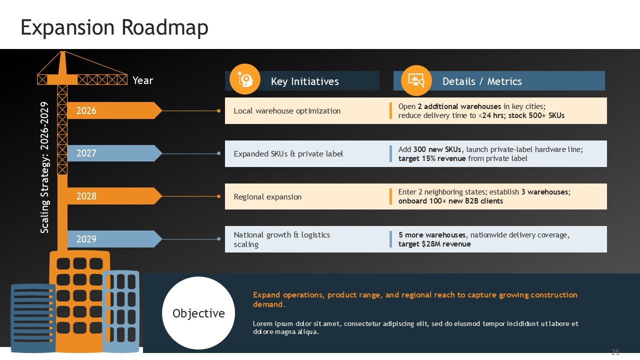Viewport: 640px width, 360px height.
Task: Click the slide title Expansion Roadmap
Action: click(114, 28)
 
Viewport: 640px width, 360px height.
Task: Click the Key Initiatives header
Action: click(304, 81)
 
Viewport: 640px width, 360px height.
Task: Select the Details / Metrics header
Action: click(482, 81)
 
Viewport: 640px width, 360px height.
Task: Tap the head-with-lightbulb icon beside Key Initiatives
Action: click(245, 79)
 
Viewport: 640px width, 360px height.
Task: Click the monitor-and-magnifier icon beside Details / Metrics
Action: click(416, 80)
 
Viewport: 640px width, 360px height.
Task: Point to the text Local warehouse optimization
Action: click(287, 110)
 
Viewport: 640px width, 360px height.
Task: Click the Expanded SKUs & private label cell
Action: click(288, 153)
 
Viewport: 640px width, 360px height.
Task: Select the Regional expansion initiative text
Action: click(267, 196)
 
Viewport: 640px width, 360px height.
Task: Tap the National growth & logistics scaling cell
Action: click(282, 239)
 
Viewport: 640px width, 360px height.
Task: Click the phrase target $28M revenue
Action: click(434, 244)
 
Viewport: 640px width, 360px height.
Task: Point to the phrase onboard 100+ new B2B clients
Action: click(450, 201)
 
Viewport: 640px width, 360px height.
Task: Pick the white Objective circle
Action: click(198, 313)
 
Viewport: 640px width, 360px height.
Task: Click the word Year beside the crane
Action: click(143, 80)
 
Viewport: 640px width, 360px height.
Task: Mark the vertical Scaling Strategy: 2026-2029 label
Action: click(44, 167)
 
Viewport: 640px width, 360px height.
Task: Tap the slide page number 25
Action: click(615, 352)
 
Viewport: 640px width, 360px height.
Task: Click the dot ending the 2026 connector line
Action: click(218, 111)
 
